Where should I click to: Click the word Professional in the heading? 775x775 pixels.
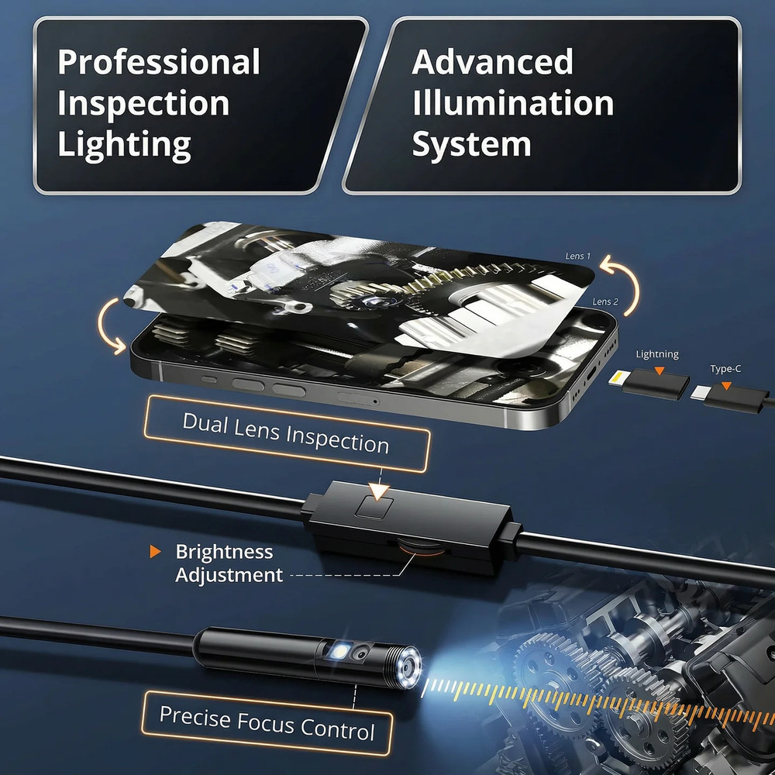point(158,62)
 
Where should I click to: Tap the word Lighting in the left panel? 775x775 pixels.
point(124,144)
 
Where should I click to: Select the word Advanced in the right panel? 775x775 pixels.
point(492,62)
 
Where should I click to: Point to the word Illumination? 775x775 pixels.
point(512,103)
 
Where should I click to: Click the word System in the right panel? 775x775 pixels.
point(471,144)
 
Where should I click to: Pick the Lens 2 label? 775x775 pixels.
point(605,301)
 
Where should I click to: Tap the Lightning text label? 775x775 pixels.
point(656,354)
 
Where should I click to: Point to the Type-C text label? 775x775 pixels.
point(725,369)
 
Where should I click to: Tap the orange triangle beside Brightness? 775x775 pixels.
point(156,552)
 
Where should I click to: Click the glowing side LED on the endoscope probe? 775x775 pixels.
point(340,654)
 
